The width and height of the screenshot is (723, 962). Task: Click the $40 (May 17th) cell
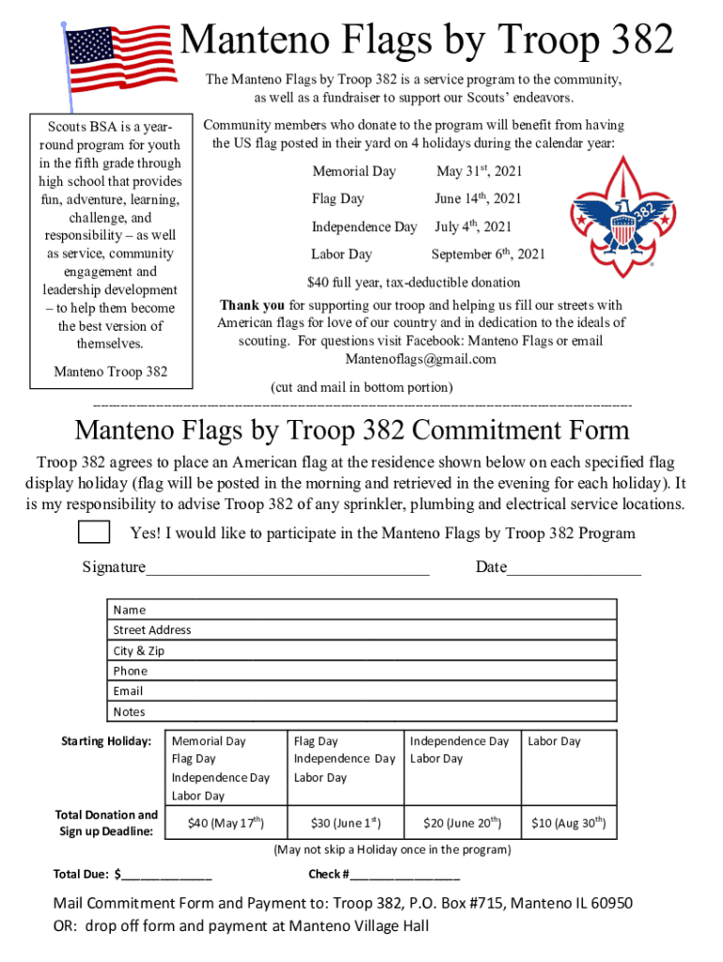tap(225, 824)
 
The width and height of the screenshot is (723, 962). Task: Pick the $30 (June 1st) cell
tap(345, 824)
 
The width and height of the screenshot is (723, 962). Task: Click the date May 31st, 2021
tap(479, 172)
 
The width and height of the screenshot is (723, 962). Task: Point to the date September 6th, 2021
tap(487, 255)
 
